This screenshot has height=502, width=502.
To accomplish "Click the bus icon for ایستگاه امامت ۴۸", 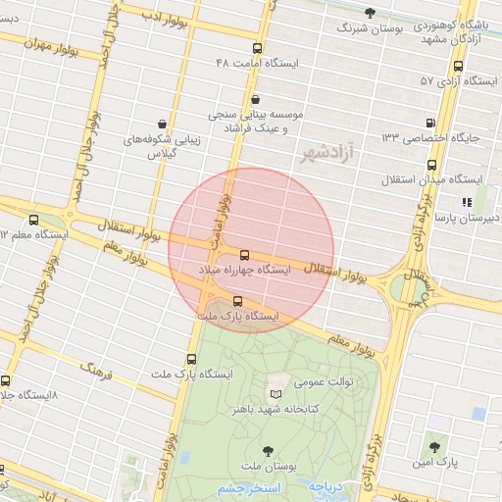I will pyautogui.click(x=257, y=47).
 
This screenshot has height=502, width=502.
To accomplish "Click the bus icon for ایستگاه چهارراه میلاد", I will pyautogui.click(x=245, y=255).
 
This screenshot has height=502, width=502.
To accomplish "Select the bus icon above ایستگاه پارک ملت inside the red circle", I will pyautogui.click(x=238, y=301).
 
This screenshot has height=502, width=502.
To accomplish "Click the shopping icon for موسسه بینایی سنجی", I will pyautogui.click(x=256, y=98).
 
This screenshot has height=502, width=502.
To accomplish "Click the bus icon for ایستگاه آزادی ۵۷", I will pyautogui.click(x=458, y=66).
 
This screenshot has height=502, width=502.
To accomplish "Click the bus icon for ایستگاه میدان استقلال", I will pyautogui.click(x=393, y=178).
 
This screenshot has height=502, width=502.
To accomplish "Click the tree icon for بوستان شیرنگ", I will pyautogui.click(x=370, y=13).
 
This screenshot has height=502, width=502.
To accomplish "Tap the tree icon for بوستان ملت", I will pyautogui.click(x=268, y=452).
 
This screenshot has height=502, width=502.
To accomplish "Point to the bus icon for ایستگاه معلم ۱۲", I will pyautogui.click(x=35, y=220).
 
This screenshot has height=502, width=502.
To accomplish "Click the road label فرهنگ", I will pyautogui.click(x=96, y=371).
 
